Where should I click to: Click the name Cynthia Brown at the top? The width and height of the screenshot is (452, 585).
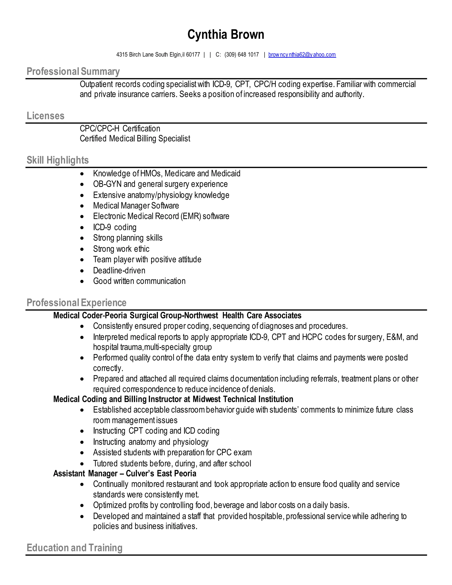point(226,35)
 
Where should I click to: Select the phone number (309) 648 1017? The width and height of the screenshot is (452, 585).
point(241,55)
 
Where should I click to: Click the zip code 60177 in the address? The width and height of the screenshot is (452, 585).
point(193,55)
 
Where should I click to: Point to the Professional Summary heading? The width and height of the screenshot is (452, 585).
point(73,72)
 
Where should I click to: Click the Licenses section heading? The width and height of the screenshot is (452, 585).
point(45,116)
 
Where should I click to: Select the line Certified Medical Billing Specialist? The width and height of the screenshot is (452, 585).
point(135,138)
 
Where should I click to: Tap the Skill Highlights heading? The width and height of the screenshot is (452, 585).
point(58,160)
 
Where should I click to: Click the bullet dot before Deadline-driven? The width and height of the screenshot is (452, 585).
point(82,271)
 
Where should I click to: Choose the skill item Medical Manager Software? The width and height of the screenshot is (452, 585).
point(136,206)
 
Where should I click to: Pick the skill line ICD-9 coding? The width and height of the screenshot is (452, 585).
point(115,227)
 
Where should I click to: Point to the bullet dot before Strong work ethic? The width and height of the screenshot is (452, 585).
point(82,249)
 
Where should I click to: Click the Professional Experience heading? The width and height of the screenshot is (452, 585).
point(76,303)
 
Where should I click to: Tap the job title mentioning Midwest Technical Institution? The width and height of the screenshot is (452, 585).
point(173,399)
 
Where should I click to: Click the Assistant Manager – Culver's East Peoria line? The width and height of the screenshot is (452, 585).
point(124,473)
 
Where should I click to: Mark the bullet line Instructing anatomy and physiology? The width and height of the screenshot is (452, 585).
point(151,442)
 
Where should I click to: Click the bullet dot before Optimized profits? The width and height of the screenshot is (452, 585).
point(82,506)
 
